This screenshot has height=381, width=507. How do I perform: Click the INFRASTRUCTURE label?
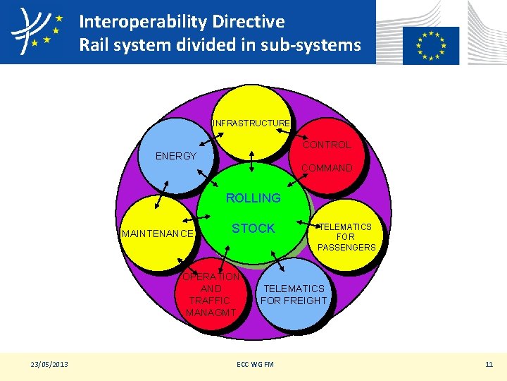(x=251, y=123)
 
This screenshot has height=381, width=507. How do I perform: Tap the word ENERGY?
(x=176, y=156)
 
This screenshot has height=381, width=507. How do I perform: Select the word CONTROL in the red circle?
(x=327, y=145)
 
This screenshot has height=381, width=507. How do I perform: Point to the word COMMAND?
(x=327, y=168)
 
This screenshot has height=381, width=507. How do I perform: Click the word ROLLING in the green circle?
(x=253, y=198)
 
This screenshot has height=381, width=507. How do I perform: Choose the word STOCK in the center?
(x=254, y=229)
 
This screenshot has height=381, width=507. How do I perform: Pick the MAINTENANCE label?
(x=158, y=233)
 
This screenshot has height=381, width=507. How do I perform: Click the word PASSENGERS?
(x=346, y=248)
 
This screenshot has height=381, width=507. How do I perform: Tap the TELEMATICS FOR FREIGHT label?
(x=294, y=295)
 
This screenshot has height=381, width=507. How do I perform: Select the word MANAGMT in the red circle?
(x=211, y=313)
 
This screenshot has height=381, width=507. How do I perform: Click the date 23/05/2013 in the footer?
(x=49, y=364)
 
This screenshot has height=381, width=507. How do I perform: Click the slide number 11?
(x=489, y=364)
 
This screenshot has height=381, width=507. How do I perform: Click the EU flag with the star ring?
(x=431, y=45)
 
